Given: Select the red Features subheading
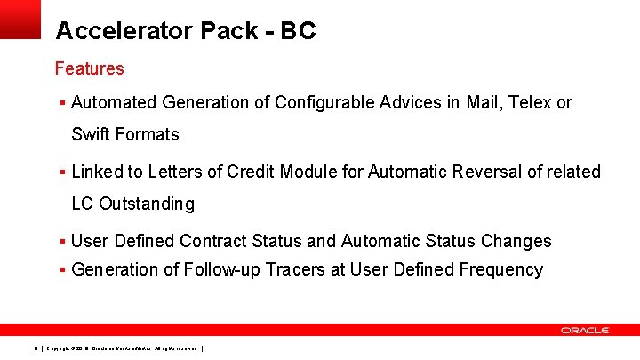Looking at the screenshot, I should [x=89, y=68].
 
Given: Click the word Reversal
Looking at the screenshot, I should [x=484, y=172].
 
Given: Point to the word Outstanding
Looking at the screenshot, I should [x=146, y=204].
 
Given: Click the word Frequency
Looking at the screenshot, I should [x=500, y=270].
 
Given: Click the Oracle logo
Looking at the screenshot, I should [x=584, y=330].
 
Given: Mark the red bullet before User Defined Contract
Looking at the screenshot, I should [x=62, y=242].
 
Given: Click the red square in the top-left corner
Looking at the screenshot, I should [x=20, y=18].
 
